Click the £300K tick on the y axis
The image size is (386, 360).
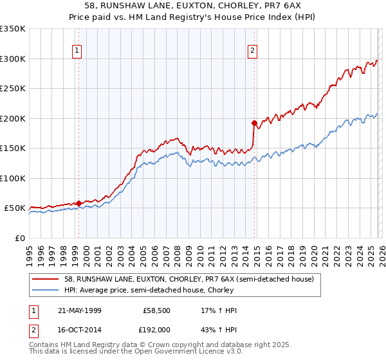point(13,59)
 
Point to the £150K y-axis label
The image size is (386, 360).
point(13,148)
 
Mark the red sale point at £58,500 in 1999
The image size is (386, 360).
point(78,203)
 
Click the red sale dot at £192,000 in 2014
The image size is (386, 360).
point(254,123)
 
